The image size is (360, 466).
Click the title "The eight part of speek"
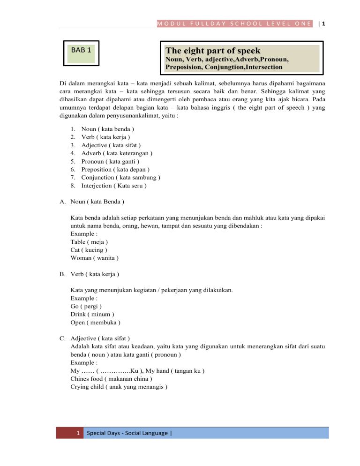point(213,51)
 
